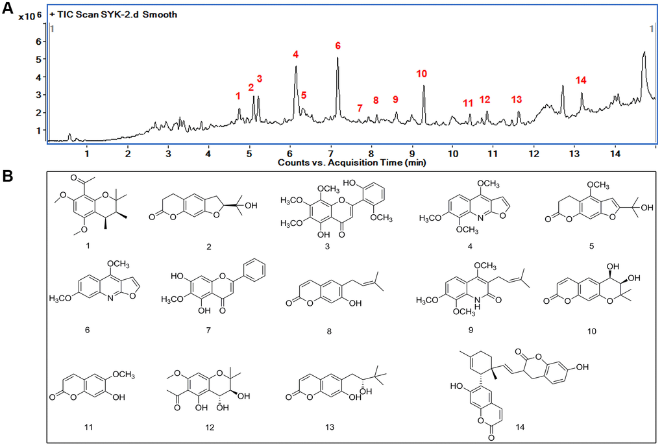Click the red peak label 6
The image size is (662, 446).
pos(337,45)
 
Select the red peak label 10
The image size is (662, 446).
pos(421,74)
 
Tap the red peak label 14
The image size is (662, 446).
pos(581,81)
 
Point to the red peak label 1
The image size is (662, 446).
pos(238,96)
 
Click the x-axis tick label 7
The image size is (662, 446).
pos(330,153)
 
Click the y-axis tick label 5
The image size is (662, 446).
pos(39,59)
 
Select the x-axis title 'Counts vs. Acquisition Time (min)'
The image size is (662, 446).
pos(352,162)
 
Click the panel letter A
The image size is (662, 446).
pos(8,8)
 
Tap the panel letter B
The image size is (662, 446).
pos(7,176)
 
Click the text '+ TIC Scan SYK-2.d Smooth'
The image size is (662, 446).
pos(113,14)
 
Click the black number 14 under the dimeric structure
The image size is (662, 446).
pos(520,427)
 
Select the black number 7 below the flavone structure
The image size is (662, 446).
pos(208,330)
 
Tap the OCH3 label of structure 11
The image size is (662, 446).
pos(124,375)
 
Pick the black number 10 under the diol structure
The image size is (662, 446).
pos(591,330)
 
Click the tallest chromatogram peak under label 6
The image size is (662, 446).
pos(337,58)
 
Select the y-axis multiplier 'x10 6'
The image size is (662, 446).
pos(30,16)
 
